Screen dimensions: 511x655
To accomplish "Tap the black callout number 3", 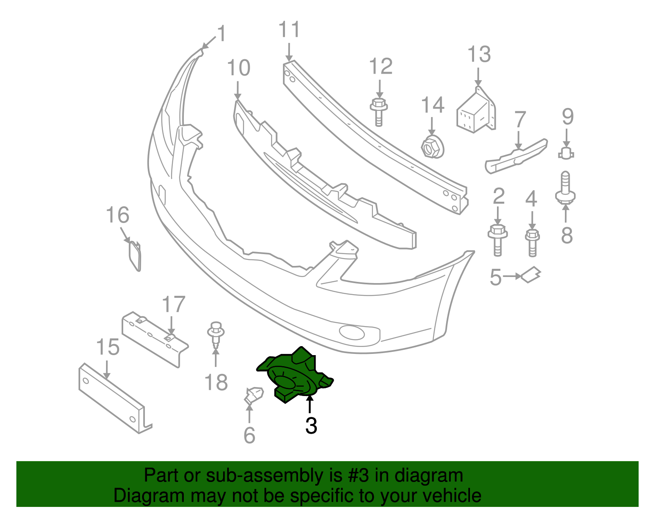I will click(x=311, y=426).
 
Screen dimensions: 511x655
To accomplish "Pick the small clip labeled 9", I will click(x=566, y=153).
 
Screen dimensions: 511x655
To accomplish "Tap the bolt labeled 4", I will click(x=532, y=242).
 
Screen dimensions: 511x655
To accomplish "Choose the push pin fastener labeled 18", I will click(x=216, y=333).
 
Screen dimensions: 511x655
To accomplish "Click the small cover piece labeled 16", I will click(x=135, y=255).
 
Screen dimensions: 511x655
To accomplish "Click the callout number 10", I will click(x=238, y=68).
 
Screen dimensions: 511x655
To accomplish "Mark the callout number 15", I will click(x=108, y=347).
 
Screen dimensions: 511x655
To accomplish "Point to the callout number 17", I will click(x=174, y=305).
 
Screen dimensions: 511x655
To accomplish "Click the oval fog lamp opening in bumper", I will click(x=352, y=333).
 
